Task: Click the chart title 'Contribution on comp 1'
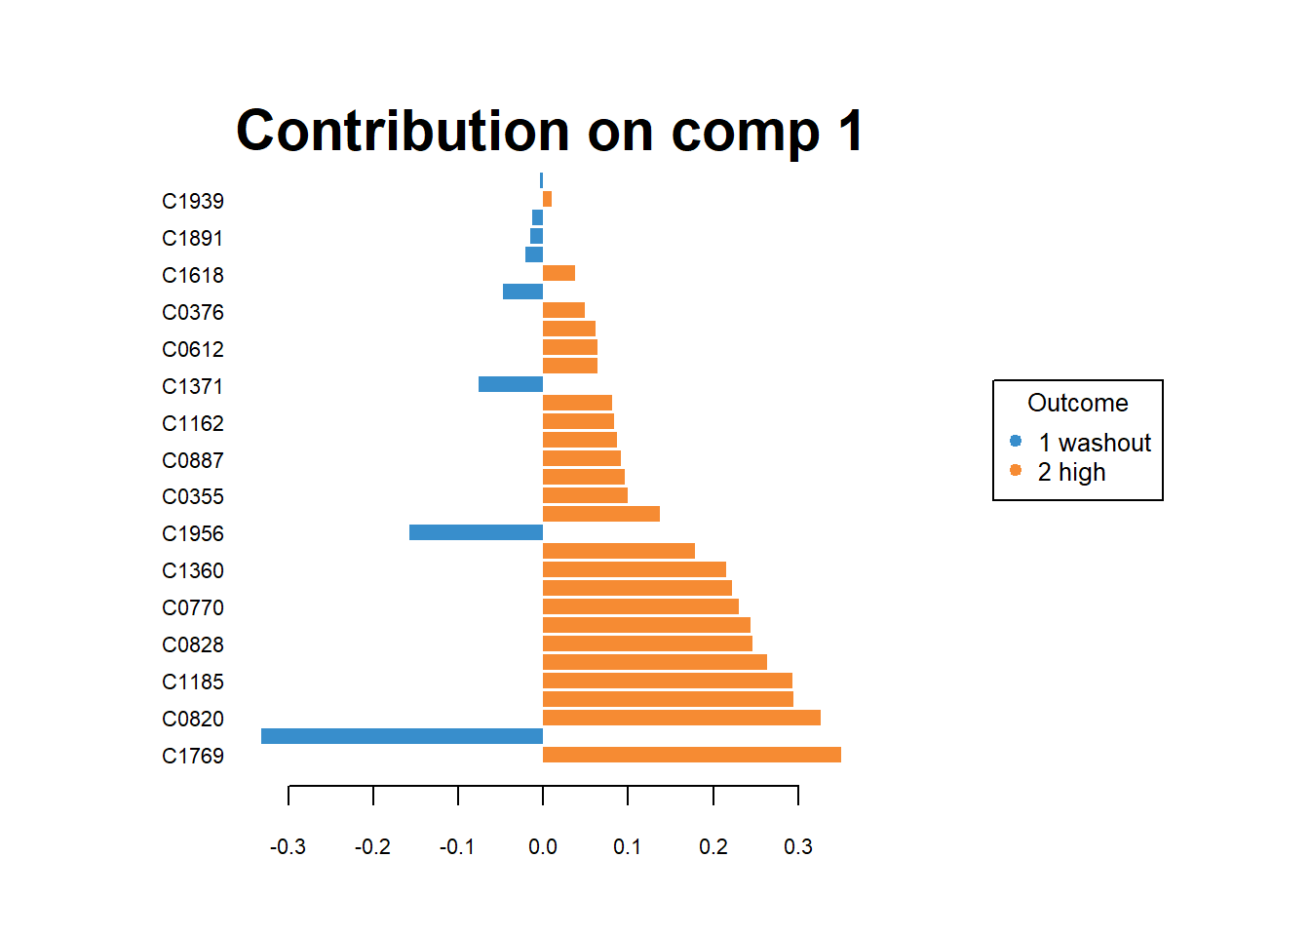click(x=550, y=131)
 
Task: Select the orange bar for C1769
click(x=691, y=755)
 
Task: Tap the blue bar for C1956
click(x=476, y=532)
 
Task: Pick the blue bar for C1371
click(x=510, y=384)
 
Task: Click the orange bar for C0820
click(x=680, y=718)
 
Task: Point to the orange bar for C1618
click(x=559, y=273)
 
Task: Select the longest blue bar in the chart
click(x=402, y=736)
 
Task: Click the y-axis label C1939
click(x=193, y=201)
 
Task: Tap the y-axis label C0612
click(x=193, y=349)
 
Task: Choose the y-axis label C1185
click(x=193, y=682)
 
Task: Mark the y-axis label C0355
click(x=193, y=496)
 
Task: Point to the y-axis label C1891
click(x=193, y=238)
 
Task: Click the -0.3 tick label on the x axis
click(x=288, y=846)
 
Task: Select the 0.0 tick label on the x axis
click(x=543, y=846)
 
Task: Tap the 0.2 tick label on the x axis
click(x=713, y=846)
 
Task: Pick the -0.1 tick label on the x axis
click(x=457, y=846)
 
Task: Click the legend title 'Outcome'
click(x=1077, y=403)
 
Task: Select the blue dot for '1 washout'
click(x=1016, y=441)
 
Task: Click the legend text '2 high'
click(x=1071, y=472)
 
